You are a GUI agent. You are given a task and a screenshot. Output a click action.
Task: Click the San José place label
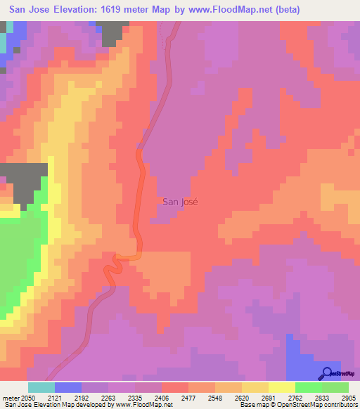tap(180, 201)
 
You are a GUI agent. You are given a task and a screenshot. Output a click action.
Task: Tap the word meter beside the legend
tap(11, 398)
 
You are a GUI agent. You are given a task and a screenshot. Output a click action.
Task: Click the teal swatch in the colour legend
tap(41, 387)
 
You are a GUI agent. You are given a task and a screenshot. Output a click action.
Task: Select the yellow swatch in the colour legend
tap(282, 387)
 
